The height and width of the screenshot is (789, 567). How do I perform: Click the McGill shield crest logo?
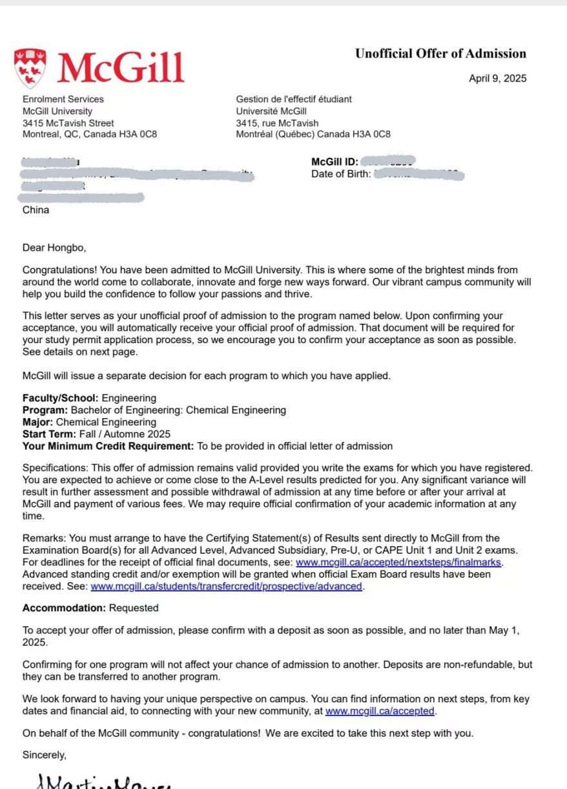[x=30, y=67]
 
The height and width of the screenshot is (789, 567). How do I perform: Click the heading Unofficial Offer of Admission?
[x=440, y=54]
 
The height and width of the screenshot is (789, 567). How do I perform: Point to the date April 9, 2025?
[x=497, y=79]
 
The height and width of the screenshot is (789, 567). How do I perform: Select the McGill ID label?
[x=334, y=162]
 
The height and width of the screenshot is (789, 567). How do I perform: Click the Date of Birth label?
[x=341, y=174]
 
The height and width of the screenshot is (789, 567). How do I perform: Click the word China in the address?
[x=36, y=210]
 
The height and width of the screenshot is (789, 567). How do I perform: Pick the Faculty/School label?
[x=61, y=398]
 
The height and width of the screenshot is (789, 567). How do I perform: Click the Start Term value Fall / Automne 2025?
[x=125, y=434]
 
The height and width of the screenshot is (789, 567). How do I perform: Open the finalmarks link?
[x=398, y=562]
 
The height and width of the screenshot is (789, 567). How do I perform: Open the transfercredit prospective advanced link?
[x=226, y=586]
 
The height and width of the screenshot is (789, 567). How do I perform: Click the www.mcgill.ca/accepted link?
[x=380, y=711]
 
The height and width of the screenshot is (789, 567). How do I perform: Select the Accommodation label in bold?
[x=64, y=608]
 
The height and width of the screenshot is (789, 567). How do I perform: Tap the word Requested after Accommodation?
[x=134, y=608]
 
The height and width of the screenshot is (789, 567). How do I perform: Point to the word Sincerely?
[x=44, y=755]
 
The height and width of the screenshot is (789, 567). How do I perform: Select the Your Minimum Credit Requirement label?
[x=108, y=446]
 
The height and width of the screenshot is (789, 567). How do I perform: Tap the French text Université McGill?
[x=271, y=111]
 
